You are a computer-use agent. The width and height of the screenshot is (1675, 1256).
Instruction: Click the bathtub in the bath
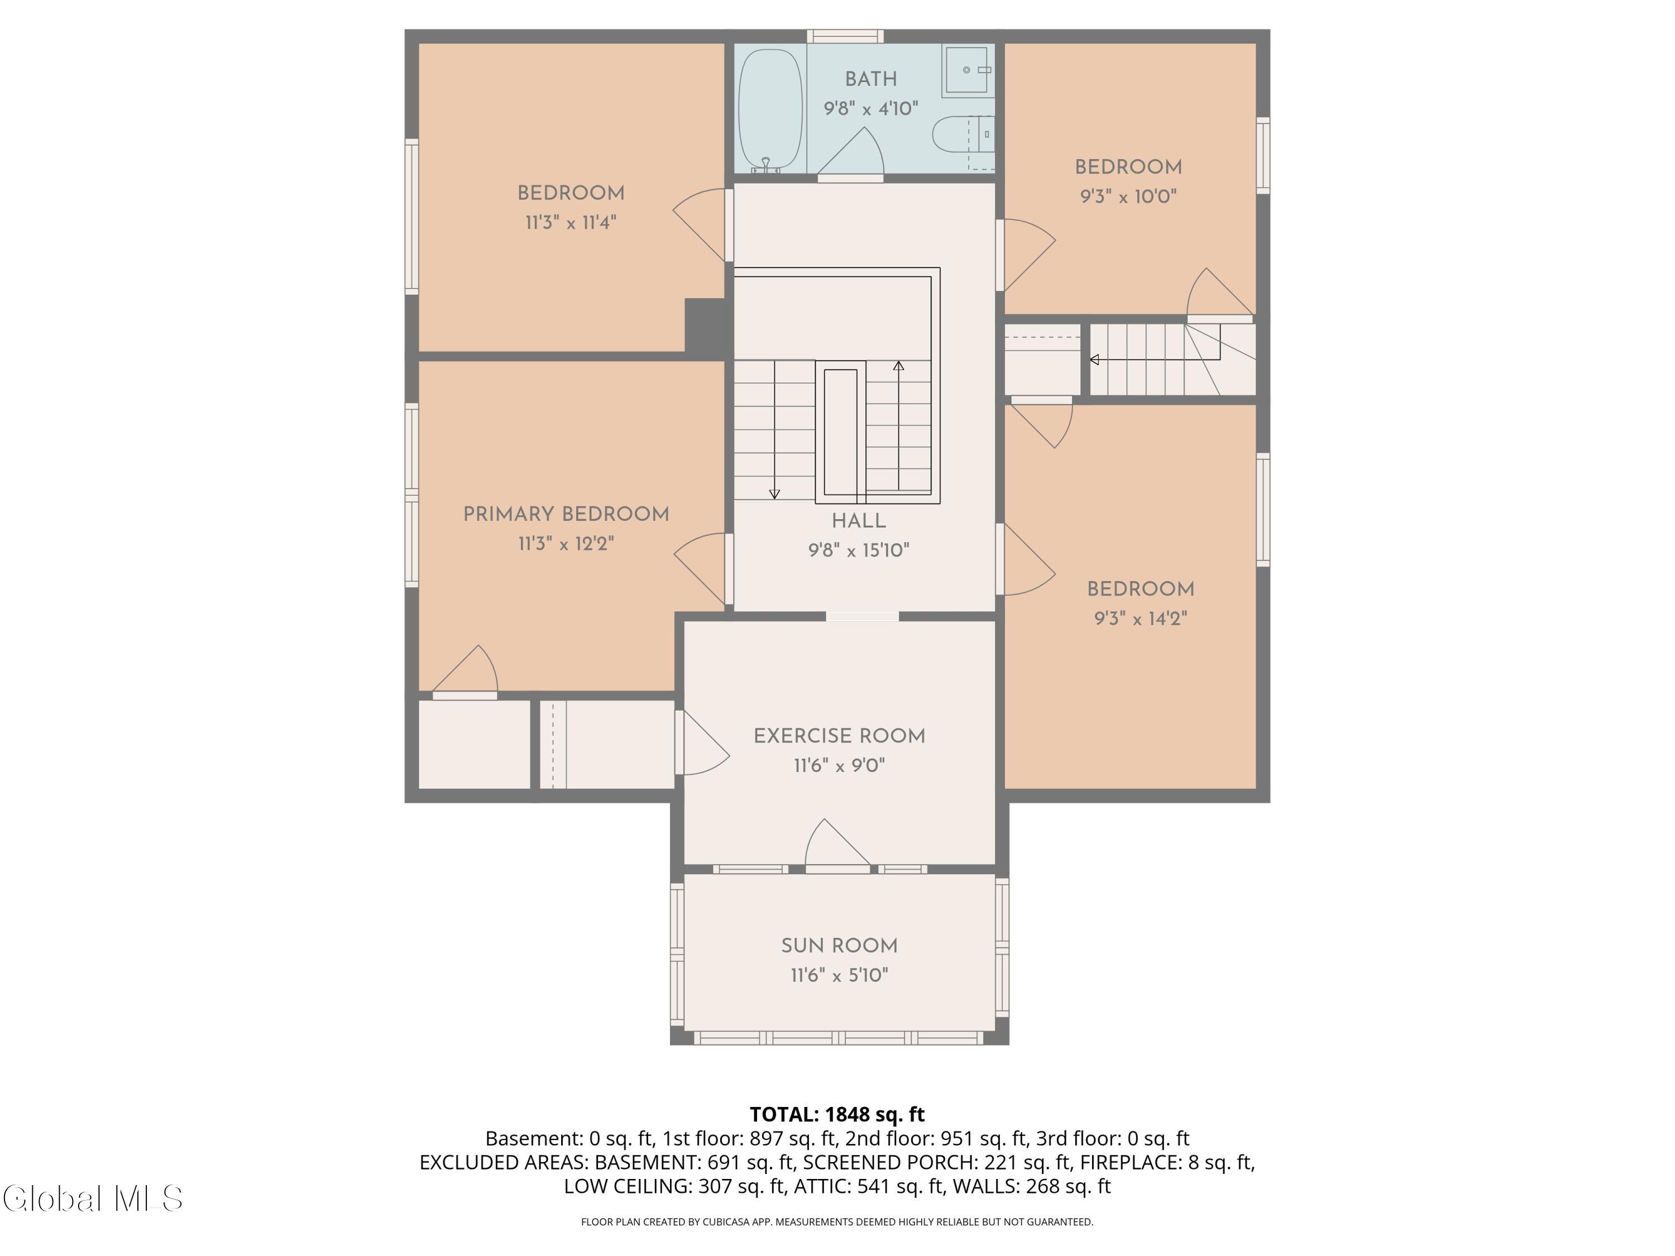(770, 110)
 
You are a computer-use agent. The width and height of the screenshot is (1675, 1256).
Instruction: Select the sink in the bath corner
(968, 70)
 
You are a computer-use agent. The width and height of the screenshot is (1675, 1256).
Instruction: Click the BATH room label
(871, 79)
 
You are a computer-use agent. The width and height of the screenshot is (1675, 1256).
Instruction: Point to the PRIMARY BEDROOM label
(566, 514)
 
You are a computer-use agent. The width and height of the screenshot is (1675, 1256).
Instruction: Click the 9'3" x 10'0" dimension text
(1128, 196)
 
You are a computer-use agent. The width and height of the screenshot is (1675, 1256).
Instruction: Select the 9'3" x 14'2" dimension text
(1140, 618)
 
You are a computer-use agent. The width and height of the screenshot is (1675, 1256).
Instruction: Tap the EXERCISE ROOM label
(839, 736)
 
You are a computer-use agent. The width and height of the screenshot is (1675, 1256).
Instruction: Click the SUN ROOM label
(839, 946)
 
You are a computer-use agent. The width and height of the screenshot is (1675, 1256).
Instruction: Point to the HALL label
(859, 521)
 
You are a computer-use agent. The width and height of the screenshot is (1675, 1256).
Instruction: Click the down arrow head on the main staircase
(774, 495)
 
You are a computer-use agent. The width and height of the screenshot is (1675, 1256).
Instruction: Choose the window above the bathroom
(845, 36)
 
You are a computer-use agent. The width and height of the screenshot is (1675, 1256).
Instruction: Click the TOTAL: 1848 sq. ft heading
(837, 1114)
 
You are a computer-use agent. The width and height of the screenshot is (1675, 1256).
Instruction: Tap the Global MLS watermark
(92, 1199)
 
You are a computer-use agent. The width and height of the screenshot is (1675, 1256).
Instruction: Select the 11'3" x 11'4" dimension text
(571, 223)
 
